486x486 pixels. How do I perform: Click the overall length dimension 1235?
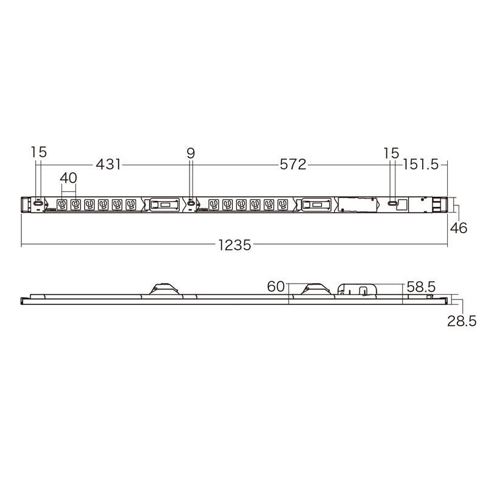234,245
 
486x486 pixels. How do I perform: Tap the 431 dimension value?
108,164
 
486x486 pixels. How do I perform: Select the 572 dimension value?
293,164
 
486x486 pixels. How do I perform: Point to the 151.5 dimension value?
420,165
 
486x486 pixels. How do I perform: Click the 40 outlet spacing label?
68,178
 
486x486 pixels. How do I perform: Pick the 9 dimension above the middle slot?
191,153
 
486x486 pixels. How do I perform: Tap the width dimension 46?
459,228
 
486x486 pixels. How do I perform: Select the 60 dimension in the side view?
276,287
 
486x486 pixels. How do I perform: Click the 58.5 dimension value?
421,287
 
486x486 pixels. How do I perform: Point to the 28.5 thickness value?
462,321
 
